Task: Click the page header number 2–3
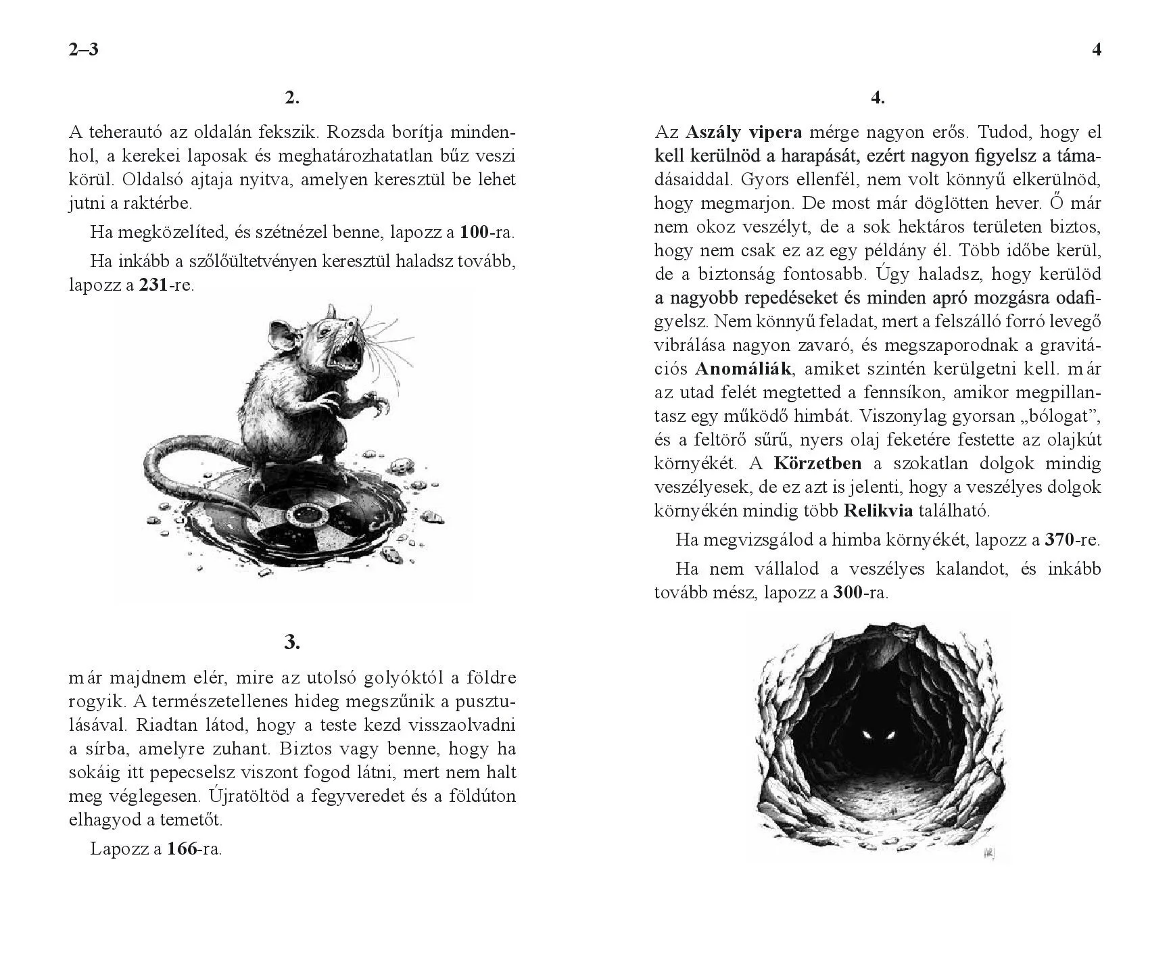[84, 49]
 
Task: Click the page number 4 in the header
[1097, 49]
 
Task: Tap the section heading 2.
[292, 98]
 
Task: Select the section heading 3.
[292, 642]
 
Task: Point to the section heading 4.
[878, 98]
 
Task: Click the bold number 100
[474, 233]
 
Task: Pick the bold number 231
[153, 285]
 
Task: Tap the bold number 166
[181, 848]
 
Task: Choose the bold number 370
[1059, 540]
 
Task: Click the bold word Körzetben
[817, 463]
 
